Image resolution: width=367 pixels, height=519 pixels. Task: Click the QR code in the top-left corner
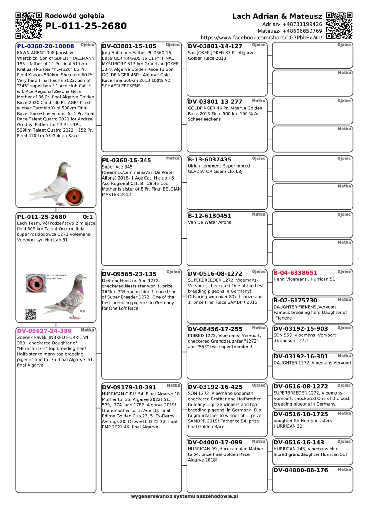28,25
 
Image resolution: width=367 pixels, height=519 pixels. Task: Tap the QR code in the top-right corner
339,25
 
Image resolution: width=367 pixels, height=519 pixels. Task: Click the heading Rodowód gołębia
75,16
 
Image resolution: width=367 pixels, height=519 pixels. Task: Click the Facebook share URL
261,38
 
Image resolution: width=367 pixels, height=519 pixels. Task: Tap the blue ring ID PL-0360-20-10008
46,46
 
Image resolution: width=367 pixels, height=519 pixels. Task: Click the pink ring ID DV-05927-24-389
44,331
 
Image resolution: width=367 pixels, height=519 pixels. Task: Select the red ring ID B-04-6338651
295,273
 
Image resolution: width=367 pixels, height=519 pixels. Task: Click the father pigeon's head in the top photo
65,166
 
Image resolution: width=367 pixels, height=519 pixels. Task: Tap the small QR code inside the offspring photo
31,314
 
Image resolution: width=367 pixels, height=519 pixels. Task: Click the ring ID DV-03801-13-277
215,102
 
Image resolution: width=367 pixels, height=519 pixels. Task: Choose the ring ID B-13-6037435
210,160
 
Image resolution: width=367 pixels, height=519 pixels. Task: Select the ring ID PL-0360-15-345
127,160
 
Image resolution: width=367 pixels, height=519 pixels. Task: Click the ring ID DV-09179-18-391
129,387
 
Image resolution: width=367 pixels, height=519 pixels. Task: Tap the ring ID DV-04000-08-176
301,470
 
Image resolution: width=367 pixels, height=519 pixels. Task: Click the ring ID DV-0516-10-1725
301,414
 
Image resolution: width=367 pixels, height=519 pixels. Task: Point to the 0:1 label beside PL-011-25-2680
88,217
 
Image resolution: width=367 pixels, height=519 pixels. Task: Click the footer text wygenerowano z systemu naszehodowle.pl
184,496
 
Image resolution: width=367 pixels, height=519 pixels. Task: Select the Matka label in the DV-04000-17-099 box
258,441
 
